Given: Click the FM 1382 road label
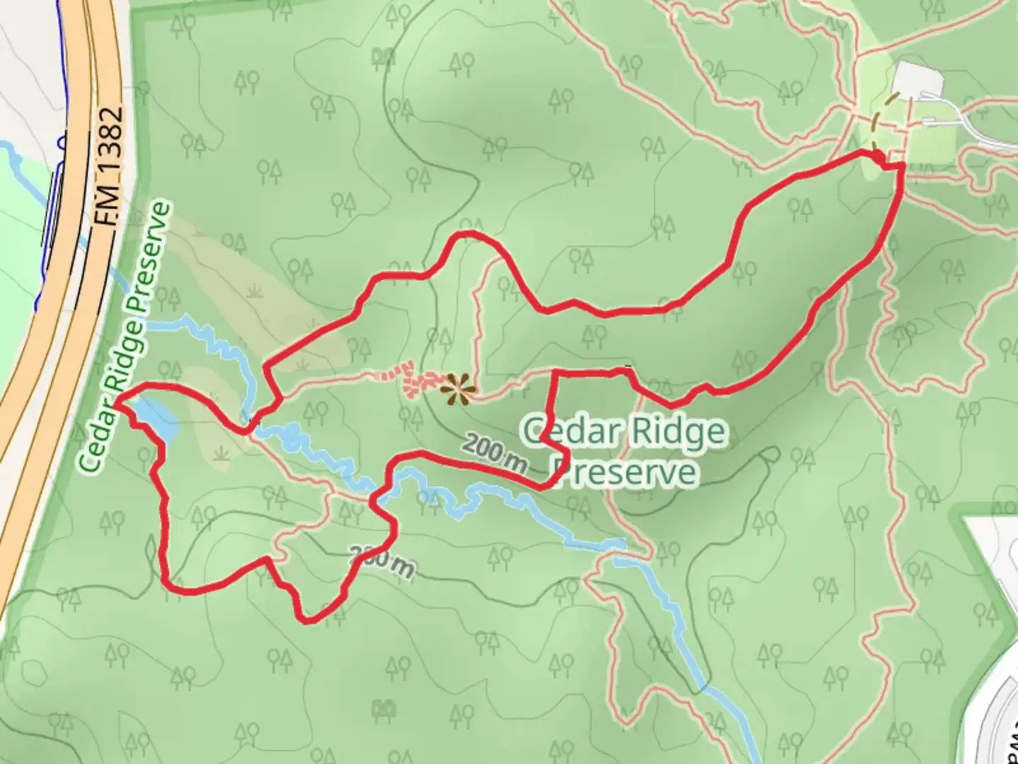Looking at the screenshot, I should (x=110, y=167).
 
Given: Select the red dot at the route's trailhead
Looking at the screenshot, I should (x=877, y=156).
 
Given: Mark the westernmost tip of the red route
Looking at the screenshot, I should (x=116, y=403).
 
